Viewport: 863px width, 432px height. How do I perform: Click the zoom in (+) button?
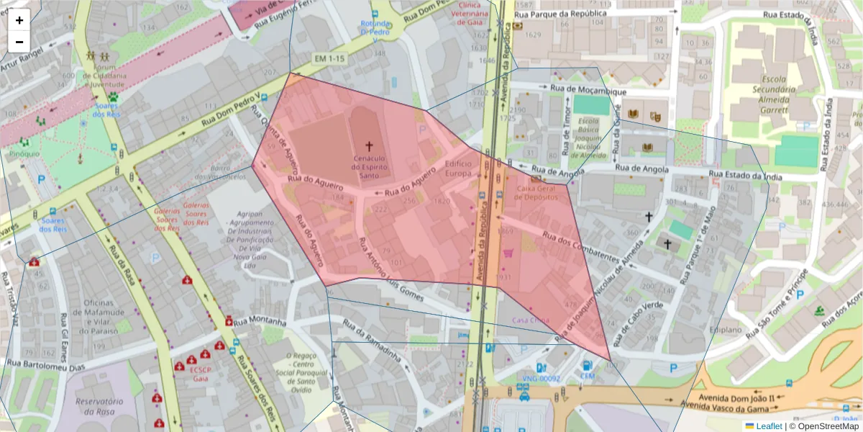coord(19,20)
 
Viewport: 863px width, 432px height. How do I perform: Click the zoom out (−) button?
coord(19,42)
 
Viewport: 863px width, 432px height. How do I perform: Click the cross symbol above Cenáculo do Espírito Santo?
coord(370,145)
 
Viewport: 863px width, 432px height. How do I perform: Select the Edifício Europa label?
coord(458,168)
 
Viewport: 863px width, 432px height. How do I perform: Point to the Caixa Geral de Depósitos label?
coord(536,192)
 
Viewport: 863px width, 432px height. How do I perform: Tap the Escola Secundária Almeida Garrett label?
coord(775,90)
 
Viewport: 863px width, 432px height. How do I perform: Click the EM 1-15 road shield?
coord(330,58)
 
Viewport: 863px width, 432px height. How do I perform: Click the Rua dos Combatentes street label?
coord(580,246)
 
